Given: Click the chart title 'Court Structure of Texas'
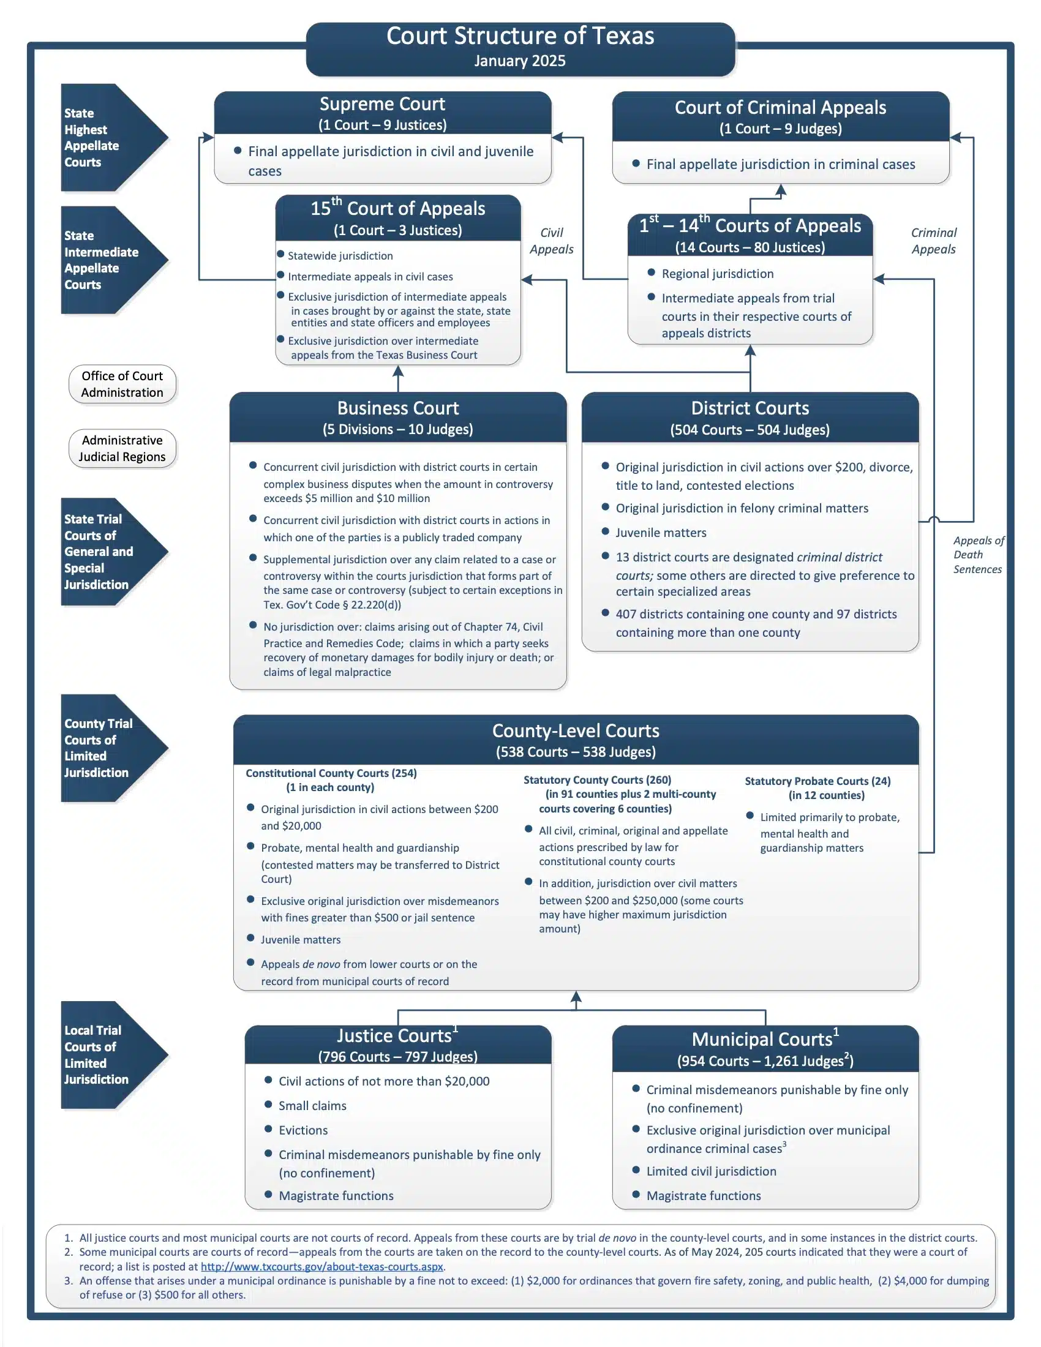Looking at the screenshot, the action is [520, 36].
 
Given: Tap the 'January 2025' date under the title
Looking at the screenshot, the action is [520, 61].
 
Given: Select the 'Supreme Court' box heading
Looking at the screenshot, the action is [382, 103].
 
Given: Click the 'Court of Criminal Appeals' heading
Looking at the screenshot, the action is [780, 107].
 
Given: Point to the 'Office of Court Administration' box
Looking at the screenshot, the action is [122, 384].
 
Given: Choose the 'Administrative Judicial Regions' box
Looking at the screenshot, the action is [122, 448].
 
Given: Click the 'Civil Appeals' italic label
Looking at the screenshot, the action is [551, 241].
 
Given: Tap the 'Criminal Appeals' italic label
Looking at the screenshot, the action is [934, 241].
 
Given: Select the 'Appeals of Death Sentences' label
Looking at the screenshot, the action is [979, 555].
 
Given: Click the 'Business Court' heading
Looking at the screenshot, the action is [398, 408].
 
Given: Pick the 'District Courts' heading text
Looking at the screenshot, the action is [750, 408].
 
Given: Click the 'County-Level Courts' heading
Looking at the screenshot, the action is [576, 730].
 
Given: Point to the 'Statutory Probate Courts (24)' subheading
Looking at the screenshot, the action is [817, 781].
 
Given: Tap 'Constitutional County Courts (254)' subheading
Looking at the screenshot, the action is [331, 773].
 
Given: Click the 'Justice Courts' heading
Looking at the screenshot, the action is [394, 1035].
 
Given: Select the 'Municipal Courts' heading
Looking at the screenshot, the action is [762, 1039].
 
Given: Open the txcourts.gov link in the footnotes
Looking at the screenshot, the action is [322, 1266].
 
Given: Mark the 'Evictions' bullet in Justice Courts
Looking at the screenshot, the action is [303, 1130].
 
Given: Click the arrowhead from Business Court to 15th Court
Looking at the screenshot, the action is [398, 370].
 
